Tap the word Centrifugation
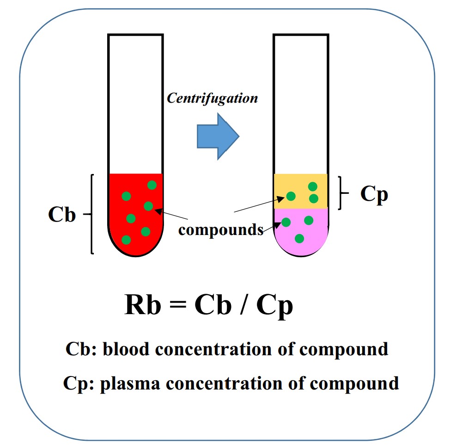[x=212, y=98]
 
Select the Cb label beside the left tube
[x=62, y=215]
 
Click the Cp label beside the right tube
[x=374, y=194]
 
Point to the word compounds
[x=220, y=229]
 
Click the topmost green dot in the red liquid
[x=152, y=185]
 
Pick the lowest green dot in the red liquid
[x=126, y=240]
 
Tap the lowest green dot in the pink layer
[x=299, y=238]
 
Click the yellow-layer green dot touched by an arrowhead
[x=291, y=196]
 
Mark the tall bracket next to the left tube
[x=92, y=214]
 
